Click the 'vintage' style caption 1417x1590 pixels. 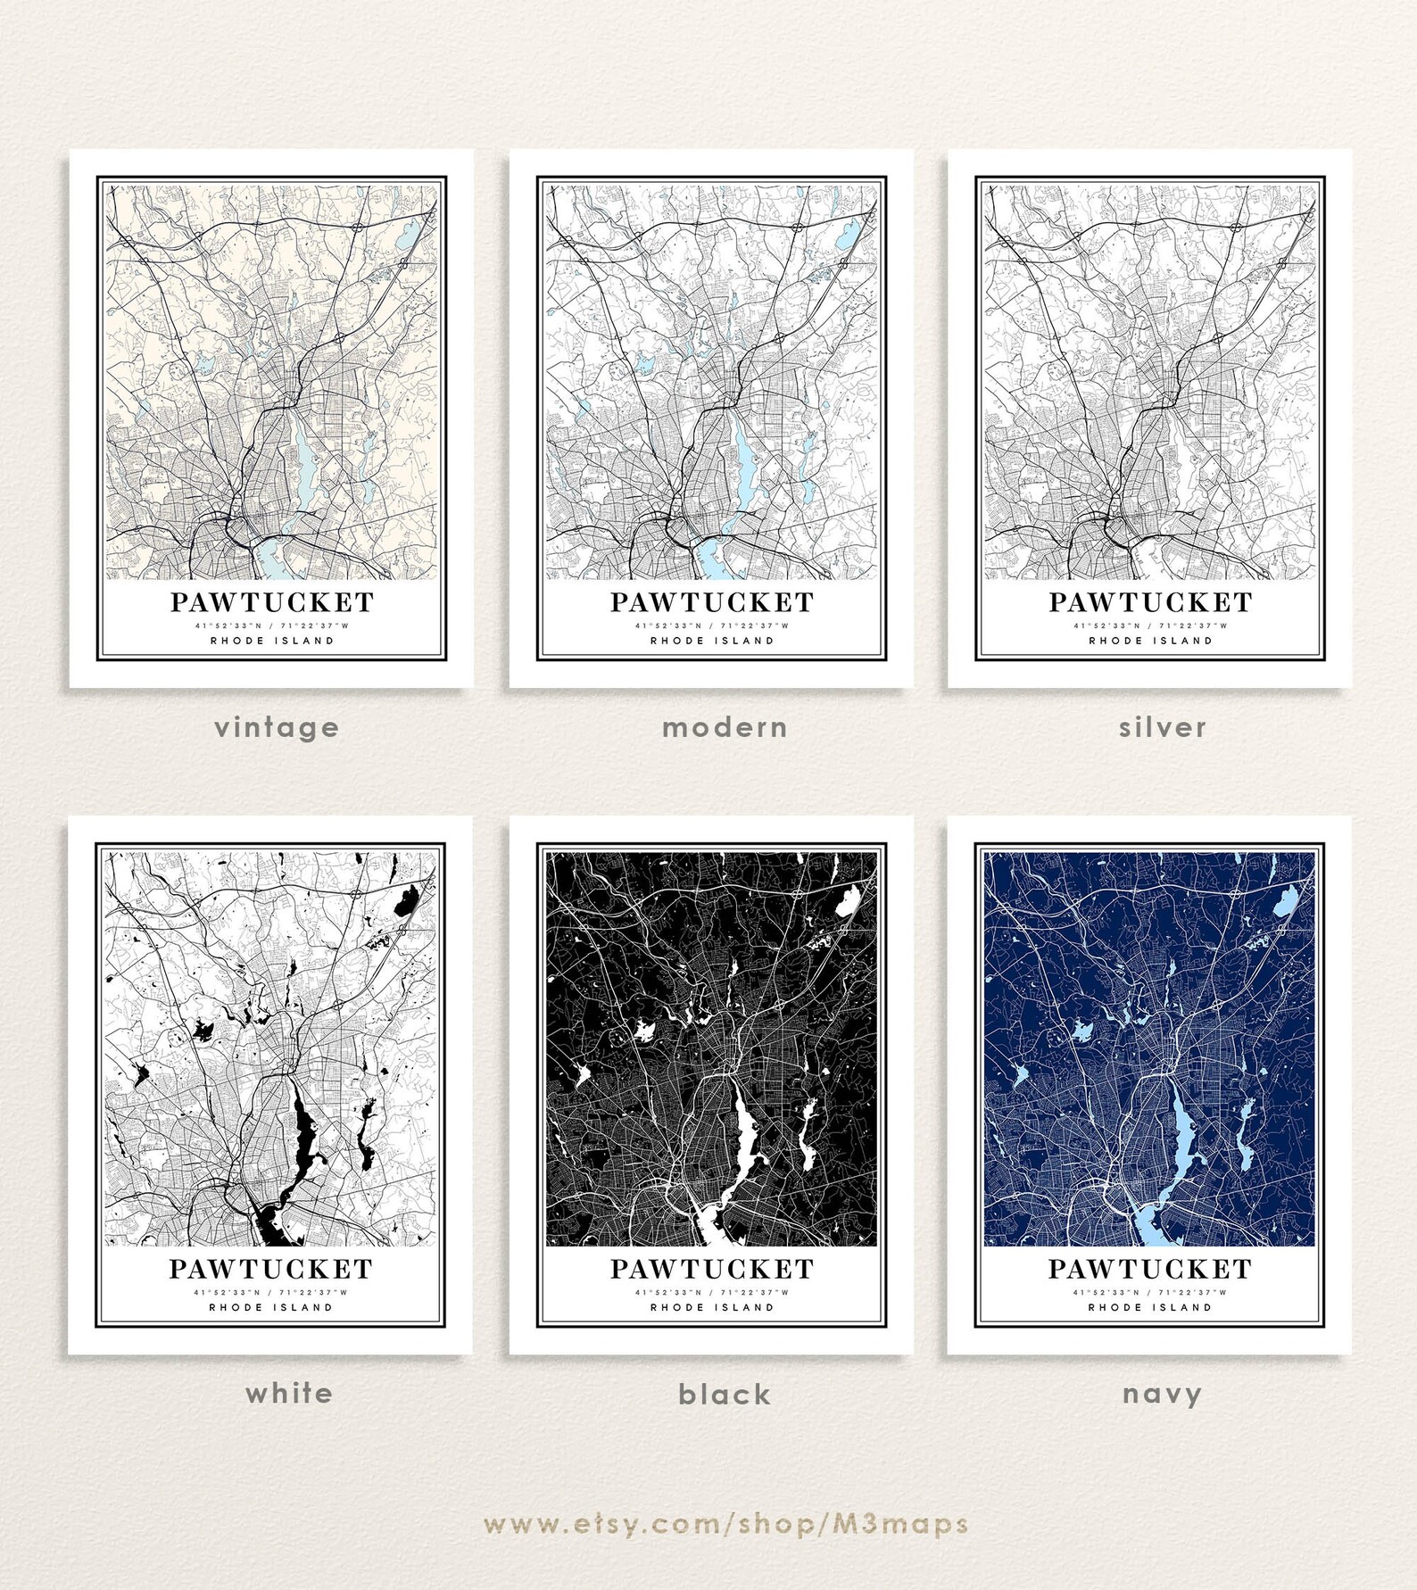[x=277, y=728]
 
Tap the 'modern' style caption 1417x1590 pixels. [x=725, y=728]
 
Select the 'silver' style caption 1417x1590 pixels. [x=1163, y=728]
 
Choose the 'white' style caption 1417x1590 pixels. [x=289, y=1394]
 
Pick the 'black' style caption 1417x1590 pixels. [x=725, y=1395]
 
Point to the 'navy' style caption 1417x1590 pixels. [x=1162, y=1394]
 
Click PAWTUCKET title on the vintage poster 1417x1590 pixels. [x=272, y=602]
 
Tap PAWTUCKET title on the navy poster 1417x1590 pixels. [x=1149, y=1269]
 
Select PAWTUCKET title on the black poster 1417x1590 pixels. [x=712, y=1269]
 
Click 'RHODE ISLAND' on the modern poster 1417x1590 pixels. [x=712, y=641]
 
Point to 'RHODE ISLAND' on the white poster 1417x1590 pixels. [x=271, y=1307]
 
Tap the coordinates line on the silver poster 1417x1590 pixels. [x=1150, y=625]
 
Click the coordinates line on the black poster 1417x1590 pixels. [x=712, y=1292]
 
